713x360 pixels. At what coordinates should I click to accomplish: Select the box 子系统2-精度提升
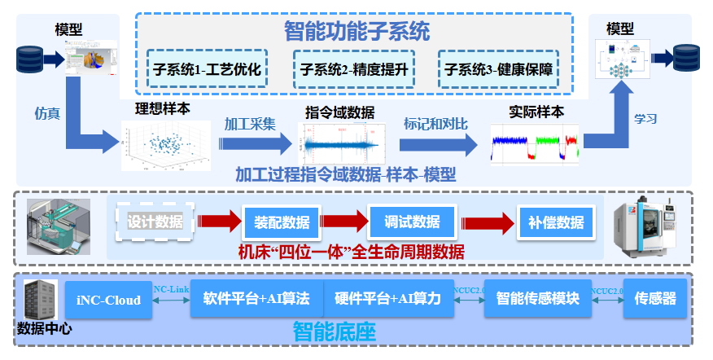(354, 70)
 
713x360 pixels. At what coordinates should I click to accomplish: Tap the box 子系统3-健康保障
(498, 70)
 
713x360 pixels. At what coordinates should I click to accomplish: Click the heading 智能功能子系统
(356, 32)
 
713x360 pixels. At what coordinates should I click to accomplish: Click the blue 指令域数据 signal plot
(341, 143)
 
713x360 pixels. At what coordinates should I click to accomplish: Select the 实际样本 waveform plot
(536, 143)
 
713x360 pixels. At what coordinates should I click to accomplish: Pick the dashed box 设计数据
(155, 221)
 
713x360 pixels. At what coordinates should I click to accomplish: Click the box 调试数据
(410, 222)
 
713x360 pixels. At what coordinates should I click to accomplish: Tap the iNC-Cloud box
(108, 300)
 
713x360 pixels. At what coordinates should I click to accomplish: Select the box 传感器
(655, 300)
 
